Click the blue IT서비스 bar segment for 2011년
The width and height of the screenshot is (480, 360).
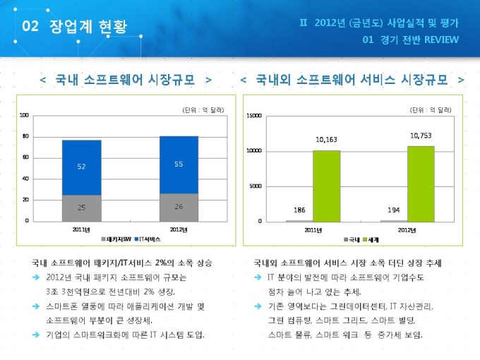tap(81, 167)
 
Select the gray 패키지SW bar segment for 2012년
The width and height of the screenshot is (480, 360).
tap(179, 208)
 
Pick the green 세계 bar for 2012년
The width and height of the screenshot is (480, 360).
tap(421, 184)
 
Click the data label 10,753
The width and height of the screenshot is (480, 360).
tap(421, 134)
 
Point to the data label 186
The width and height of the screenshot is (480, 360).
tap(299, 210)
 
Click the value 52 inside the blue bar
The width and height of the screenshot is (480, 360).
tap(81, 167)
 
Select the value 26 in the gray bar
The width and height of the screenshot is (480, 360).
tap(179, 207)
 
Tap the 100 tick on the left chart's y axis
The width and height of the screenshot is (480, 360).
tap(24, 115)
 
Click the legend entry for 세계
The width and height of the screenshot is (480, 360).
tap(372, 240)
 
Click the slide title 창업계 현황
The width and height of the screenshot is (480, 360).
tap(89, 27)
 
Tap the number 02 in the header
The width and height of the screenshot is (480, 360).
tap(30, 27)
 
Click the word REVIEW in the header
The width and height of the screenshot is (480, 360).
tap(441, 40)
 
